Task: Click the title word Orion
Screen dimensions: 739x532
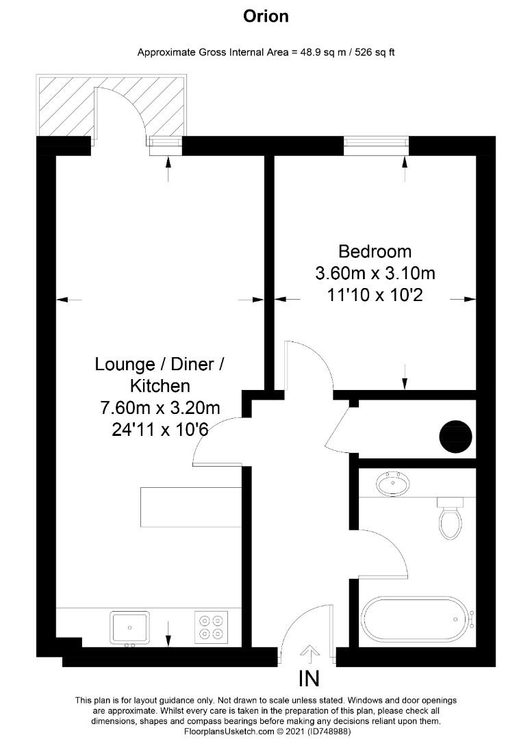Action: [x=266, y=16]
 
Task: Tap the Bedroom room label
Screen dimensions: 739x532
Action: [x=375, y=251]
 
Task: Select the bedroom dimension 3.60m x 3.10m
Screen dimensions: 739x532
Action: [x=375, y=274]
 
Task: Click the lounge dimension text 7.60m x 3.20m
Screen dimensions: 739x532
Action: [x=160, y=409]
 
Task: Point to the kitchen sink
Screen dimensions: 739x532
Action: [x=129, y=626]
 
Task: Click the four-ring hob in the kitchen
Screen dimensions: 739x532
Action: [x=211, y=627]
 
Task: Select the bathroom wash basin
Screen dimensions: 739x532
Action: [x=393, y=484]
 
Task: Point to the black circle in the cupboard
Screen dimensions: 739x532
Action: [x=455, y=436]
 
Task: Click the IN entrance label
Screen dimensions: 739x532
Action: [x=309, y=679]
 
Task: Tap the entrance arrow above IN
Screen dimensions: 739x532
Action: [x=309, y=653]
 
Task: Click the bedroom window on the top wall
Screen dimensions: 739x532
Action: [x=376, y=142]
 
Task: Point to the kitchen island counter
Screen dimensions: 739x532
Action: [x=191, y=507]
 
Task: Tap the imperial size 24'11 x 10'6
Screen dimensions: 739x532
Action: [x=160, y=430]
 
